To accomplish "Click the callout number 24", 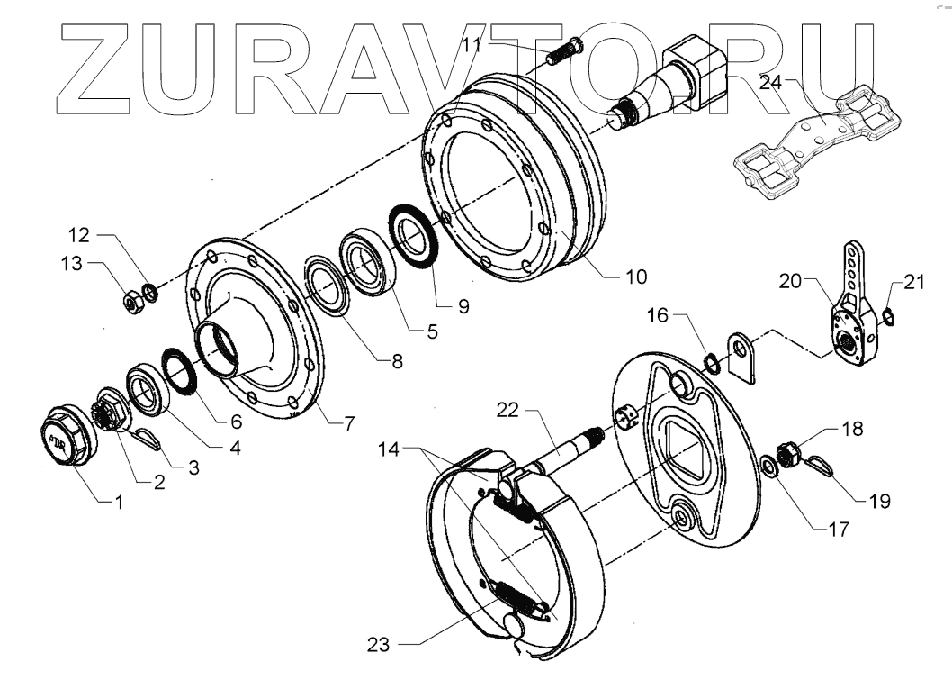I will pyautogui.click(x=770, y=83).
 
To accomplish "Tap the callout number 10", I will pyautogui.click(x=634, y=277).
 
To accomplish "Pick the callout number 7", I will pyautogui.click(x=348, y=421).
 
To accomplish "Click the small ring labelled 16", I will pyautogui.click(x=710, y=362).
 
